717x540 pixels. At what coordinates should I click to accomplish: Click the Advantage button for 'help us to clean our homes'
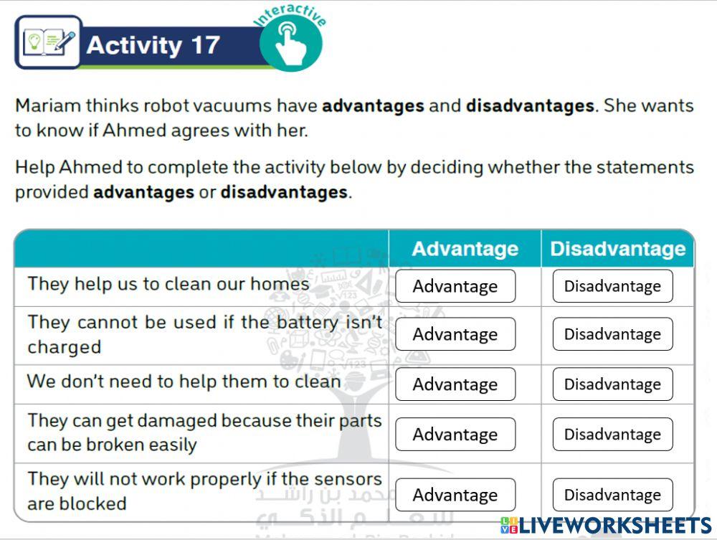point(455,286)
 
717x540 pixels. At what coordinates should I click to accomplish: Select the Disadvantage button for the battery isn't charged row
point(612,334)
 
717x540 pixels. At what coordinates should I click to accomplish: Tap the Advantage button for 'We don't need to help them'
point(455,384)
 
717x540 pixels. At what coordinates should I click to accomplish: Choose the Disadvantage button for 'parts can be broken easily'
point(612,435)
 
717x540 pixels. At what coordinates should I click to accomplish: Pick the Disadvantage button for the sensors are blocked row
point(612,495)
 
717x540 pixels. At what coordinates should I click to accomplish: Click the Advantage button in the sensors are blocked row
point(455,495)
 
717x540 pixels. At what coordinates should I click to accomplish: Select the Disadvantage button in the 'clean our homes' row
point(612,286)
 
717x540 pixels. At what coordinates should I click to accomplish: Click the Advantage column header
point(465,249)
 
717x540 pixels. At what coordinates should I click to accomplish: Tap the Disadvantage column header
point(617,249)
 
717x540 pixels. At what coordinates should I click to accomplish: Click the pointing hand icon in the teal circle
point(290,44)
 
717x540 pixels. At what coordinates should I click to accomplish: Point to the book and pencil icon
point(49,42)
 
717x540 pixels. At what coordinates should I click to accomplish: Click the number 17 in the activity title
point(205,45)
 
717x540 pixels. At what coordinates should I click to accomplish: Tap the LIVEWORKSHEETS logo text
point(614,525)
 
